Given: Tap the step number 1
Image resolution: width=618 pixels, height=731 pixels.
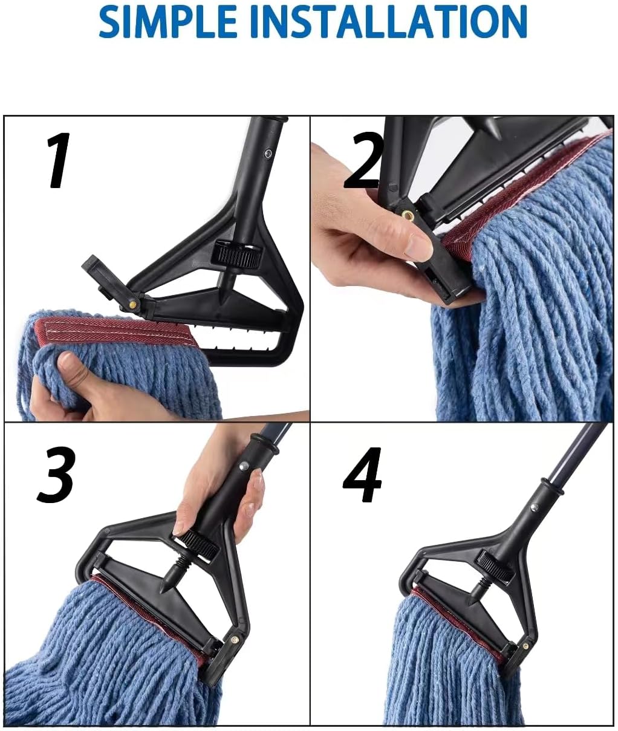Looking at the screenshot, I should (x=59, y=161).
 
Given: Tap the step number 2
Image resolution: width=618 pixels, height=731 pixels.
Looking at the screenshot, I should (x=363, y=161).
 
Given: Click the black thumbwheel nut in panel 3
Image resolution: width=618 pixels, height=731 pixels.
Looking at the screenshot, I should (x=200, y=542).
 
